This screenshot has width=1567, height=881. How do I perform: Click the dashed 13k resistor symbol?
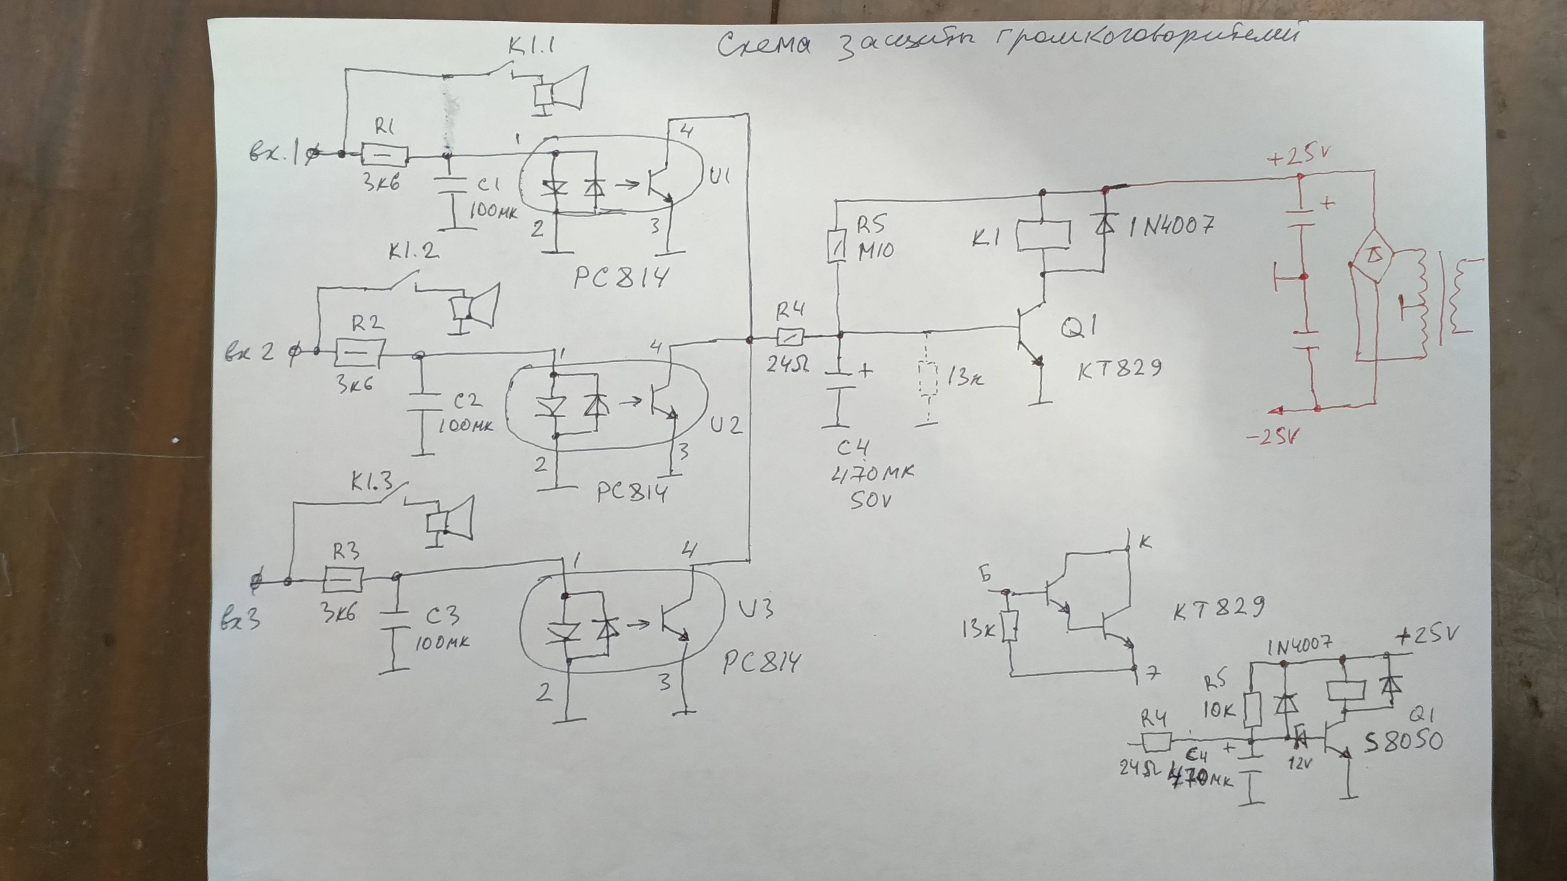click(927, 380)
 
